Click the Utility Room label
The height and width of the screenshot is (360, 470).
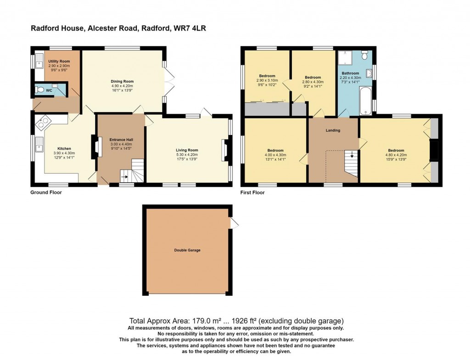pyautogui.click(x=59, y=61)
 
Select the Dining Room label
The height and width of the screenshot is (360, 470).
pyautogui.click(x=122, y=81)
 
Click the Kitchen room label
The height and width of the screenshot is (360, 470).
pyautogui.click(x=64, y=148)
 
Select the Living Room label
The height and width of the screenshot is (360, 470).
pyautogui.click(x=187, y=150)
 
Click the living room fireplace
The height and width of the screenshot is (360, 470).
pyautogui.click(x=225, y=151)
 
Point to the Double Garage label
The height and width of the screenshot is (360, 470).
pyautogui.click(x=187, y=250)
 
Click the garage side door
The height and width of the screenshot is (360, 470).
pyautogui.click(x=234, y=223)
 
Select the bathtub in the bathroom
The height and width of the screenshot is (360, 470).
pyautogui.click(x=366, y=100)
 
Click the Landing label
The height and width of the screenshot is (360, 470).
pyautogui.click(x=333, y=130)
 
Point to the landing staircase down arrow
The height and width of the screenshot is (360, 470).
pyautogui.click(x=352, y=156)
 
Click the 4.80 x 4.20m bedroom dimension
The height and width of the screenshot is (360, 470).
pyautogui.click(x=396, y=155)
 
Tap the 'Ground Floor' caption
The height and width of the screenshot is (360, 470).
pyautogui.click(x=46, y=192)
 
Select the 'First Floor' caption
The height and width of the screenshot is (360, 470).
pyautogui.click(x=252, y=193)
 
